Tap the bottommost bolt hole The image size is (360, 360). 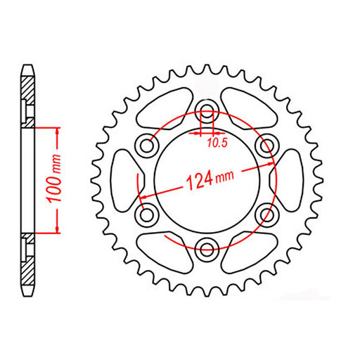pyautogui.click(x=207, y=247)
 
